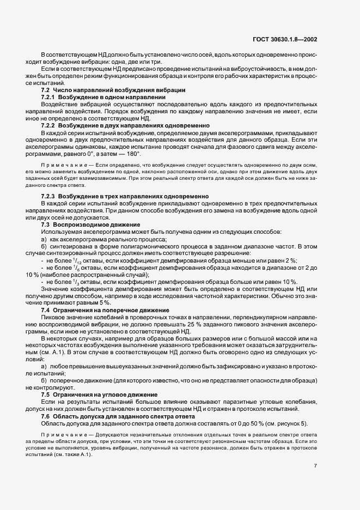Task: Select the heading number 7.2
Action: (45, 89)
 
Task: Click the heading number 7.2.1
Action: (48, 96)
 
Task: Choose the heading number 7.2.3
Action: (48, 195)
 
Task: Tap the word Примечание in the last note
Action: (60, 434)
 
